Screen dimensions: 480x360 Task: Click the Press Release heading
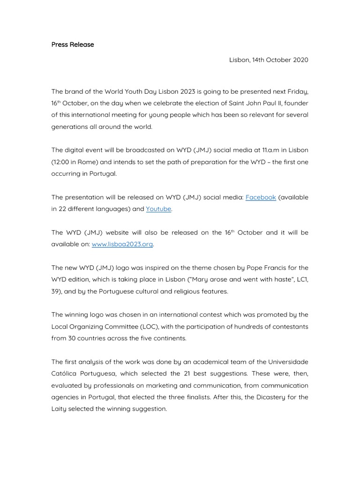[73, 45]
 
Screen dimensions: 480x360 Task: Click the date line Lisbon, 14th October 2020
[269, 60]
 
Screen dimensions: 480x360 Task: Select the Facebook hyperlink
[261, 197]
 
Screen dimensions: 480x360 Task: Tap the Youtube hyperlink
[158, 209]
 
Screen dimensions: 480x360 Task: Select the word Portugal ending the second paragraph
[103, 173]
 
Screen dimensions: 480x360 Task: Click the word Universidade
[288, 361]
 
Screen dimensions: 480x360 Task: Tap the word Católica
[66, 373]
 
